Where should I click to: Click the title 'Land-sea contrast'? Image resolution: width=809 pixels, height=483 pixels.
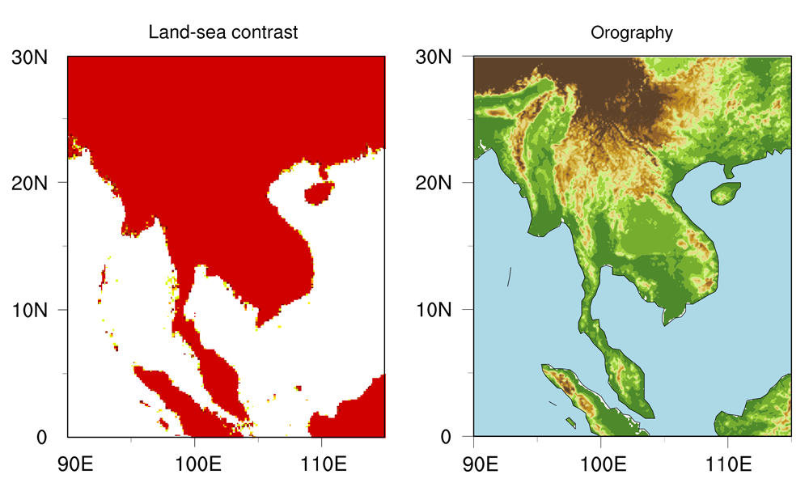pyautogui.click(x=223, y=33)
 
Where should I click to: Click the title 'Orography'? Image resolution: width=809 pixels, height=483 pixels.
pyautogui.click(x=632, y=33)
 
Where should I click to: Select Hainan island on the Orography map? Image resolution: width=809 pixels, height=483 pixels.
pyautogui.click(x=725, y=193)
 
